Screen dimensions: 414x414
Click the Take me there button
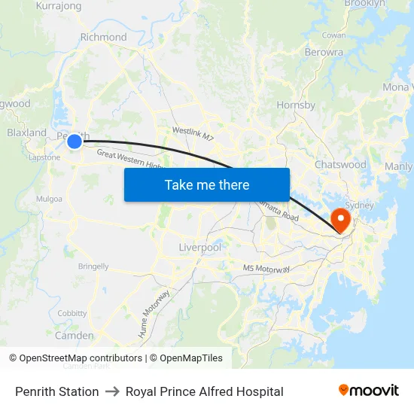(x=207, y=184)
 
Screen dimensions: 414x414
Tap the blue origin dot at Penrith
(x=75, y=141)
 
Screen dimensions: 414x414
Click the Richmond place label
(x=103, y=37)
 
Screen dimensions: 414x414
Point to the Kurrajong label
(x=59, y=6)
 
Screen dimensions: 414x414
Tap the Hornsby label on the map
(x=296, y=105)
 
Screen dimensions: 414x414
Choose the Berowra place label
(x=324, y=53)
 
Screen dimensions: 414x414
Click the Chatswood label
(x=340, y=164)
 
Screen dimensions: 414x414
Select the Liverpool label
(x=200, y=247)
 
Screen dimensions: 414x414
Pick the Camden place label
(x=75, y=336)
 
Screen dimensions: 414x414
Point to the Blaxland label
(x=26, y=132)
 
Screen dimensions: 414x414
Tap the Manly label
(x=398, y=166)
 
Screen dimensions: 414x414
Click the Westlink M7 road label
(x=193, y=134)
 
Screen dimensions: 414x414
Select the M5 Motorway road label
(x=266, y=269)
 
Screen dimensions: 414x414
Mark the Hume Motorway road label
(x=154, y=303)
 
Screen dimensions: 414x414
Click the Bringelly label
(x=93, y=266)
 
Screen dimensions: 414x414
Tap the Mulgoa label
(x=49, y=199)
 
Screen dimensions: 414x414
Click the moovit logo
(x=369, y=391)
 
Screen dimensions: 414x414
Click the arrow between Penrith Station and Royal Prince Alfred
(x=112, y=391)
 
